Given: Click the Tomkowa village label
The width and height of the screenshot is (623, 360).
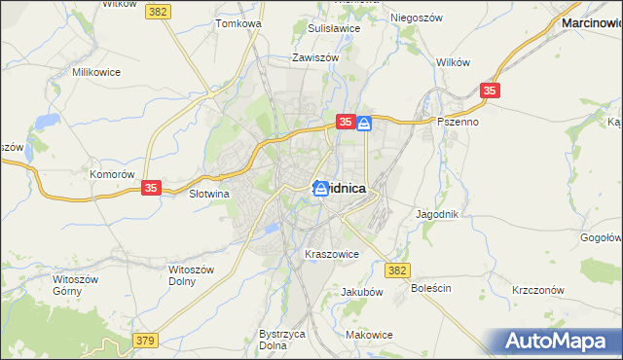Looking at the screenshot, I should [x=238, y=22].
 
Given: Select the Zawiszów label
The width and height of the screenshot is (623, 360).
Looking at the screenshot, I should [x=314, y=57].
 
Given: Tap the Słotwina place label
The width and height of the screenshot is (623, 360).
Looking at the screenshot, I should [x=207, y=194].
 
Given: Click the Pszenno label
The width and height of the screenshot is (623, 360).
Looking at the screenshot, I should [x=457, y=122].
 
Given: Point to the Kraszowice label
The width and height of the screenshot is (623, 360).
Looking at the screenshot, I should [x=332, y=254].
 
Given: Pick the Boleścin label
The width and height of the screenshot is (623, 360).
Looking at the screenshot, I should [x=431, y=289].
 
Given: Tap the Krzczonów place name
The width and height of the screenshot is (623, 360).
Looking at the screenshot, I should [x=538, y=291].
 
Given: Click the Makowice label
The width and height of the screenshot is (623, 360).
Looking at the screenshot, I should [x=369, y=335].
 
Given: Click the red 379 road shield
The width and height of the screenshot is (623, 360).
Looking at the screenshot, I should [x=145, y=340].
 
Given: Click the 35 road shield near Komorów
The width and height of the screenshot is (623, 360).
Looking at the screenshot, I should [x=151, y=188].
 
